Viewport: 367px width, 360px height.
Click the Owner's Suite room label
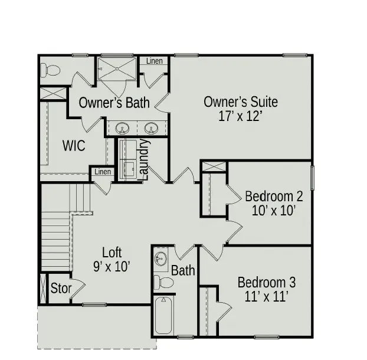click(240, 102)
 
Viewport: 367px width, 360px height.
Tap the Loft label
click(112, 253)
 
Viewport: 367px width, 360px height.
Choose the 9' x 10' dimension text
click(112, 267)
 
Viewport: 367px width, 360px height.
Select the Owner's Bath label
click(114, 102)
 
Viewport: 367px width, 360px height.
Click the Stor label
click(60, 289)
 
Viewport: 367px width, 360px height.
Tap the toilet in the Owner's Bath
click(51, 71)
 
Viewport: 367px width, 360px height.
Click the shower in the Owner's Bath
click(117, 69)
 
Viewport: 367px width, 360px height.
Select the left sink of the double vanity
click(123, 127)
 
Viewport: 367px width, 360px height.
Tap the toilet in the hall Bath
click(165, 283)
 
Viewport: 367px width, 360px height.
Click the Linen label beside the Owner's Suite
click(155, 61)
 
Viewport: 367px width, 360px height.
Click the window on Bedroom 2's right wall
click(313, 178)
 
